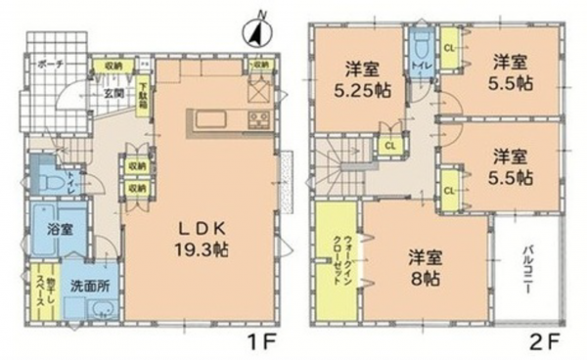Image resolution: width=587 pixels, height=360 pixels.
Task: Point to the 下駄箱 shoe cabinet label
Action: pos(143,99)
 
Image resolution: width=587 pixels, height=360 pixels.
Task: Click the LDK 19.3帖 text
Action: pos(203,239)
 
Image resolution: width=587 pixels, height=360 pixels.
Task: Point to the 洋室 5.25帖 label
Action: pos(361,77)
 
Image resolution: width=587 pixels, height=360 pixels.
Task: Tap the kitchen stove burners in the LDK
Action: pos(259,121)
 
